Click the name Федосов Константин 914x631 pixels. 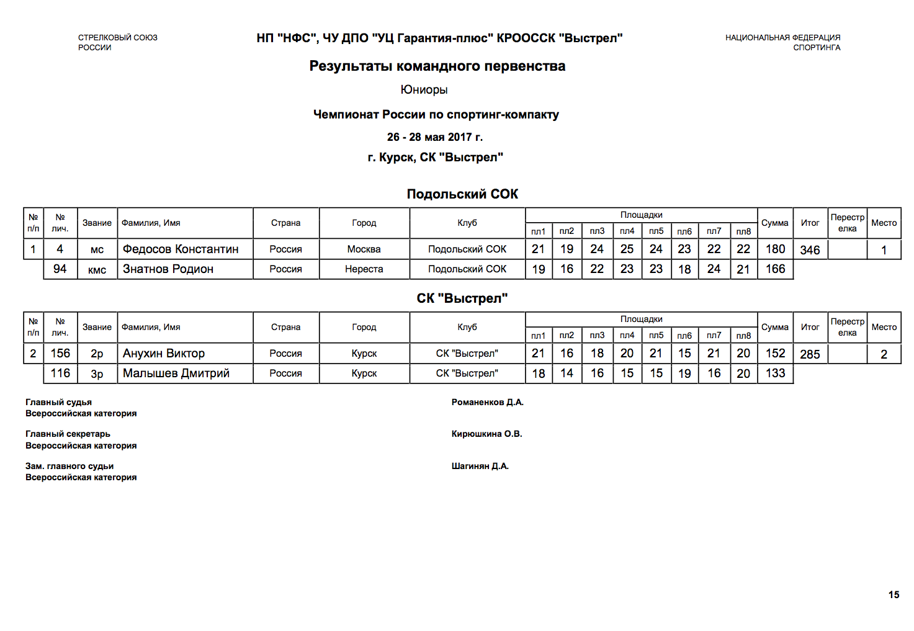181,249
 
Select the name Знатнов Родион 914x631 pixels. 168,269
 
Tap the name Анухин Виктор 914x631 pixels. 164,354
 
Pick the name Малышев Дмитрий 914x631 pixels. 176,374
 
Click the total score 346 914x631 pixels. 810,250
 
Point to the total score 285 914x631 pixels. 810,354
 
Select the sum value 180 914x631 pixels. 775,249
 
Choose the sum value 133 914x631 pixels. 775,374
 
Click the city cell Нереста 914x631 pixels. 364,269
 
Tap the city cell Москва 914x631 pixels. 364,249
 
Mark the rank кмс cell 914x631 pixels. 97,270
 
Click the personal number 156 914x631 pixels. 60,354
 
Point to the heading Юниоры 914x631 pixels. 424,90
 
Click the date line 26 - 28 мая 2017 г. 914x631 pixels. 435,137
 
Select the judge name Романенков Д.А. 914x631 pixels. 488,403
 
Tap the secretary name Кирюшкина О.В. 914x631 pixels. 487,434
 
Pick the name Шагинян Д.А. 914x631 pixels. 480,467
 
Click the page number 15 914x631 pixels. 894,595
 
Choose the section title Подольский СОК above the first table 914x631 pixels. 462,194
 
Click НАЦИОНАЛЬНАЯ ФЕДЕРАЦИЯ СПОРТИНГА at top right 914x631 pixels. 783,42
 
